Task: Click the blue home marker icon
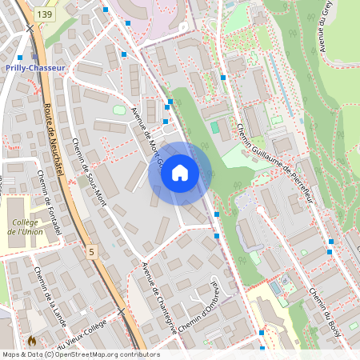pyautogui.click(x=179, y=172)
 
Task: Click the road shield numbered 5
pyautogui.click(x=91, y=252)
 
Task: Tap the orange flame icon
pyautogui.click(x=32, y=340)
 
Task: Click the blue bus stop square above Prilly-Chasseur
pyautogui.click(x=20, y=58)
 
